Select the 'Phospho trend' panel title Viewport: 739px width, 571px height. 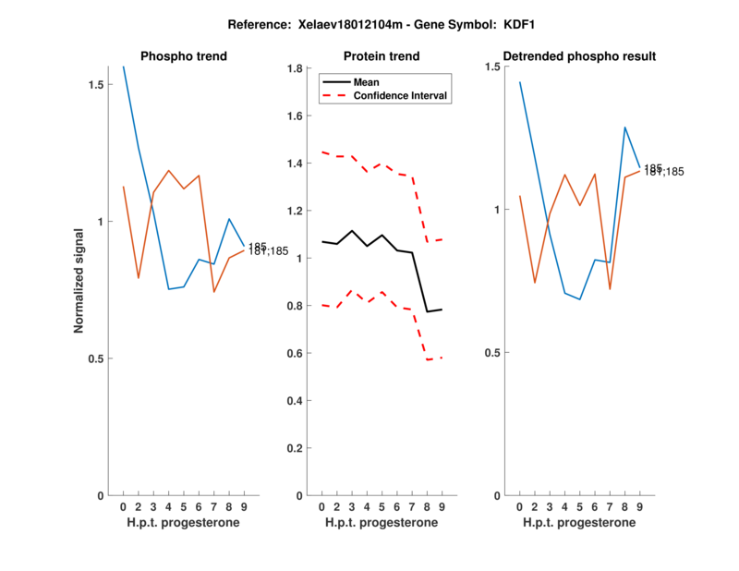[183, 56]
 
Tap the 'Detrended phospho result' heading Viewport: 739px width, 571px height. [578, 56]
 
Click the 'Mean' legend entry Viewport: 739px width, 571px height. [367, 82]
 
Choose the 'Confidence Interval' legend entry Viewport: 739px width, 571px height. [401, 95]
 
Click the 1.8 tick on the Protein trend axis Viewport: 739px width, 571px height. [296, 68]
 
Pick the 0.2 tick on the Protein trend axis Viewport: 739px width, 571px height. [296, 448]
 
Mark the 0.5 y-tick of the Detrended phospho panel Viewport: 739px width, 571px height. [495, 353]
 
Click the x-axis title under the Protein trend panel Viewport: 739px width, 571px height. [381, 523]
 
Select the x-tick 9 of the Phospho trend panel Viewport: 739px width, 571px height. [244, 506]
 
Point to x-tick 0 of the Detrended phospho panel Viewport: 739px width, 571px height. [520, 506]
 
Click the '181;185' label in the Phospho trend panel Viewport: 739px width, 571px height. [268, 251]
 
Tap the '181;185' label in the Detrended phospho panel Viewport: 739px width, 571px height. [664, 172]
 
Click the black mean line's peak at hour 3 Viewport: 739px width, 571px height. [352, 231]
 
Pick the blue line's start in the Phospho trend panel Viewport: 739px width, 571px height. [124, 67]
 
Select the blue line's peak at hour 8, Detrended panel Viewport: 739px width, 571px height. [624, 128]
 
